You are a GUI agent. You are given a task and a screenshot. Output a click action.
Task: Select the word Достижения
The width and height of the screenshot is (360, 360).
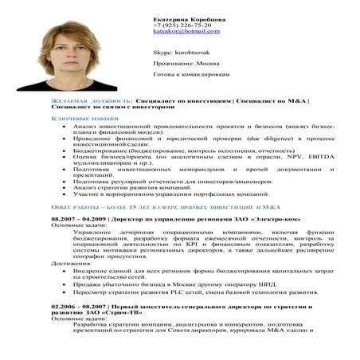[x=69, y=262]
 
